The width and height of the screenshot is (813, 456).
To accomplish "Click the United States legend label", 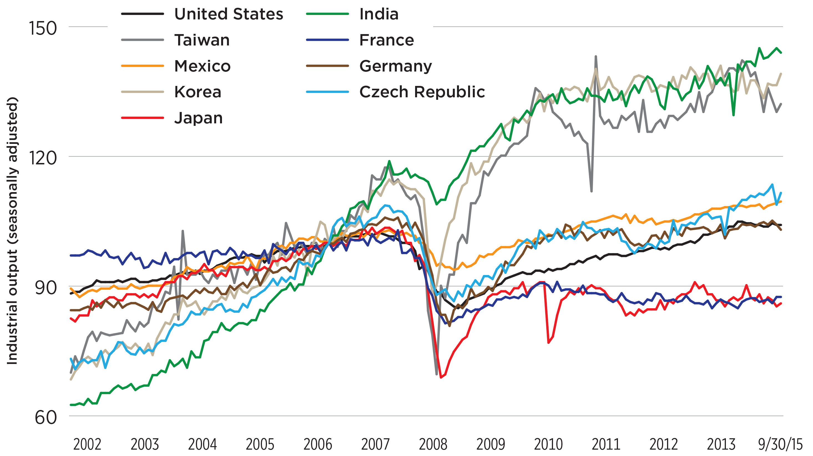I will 228,14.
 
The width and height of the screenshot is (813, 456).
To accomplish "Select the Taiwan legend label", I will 202,40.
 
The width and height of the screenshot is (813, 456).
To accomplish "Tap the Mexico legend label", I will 202,66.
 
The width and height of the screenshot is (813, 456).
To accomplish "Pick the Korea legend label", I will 198,92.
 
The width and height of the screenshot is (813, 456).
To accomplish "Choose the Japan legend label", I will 198,118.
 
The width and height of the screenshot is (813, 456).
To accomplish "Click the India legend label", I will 379,14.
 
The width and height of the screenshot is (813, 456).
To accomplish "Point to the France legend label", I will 387,40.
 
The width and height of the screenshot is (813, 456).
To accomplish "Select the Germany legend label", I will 395,66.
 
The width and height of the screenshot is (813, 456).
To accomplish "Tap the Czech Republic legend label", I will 422,92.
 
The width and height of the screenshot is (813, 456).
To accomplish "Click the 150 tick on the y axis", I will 43,28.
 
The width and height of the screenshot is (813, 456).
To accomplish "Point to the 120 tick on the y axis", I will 43,158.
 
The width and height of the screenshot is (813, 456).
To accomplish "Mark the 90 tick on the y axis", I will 46,288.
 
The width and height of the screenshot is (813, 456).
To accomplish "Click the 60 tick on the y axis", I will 46,418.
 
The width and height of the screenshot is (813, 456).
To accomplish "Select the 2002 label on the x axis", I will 87,445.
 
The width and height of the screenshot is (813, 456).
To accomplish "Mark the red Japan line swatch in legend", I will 143,118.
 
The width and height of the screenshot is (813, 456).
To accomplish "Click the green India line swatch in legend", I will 327,14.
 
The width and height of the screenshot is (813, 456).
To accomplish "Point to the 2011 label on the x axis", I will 606,445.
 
